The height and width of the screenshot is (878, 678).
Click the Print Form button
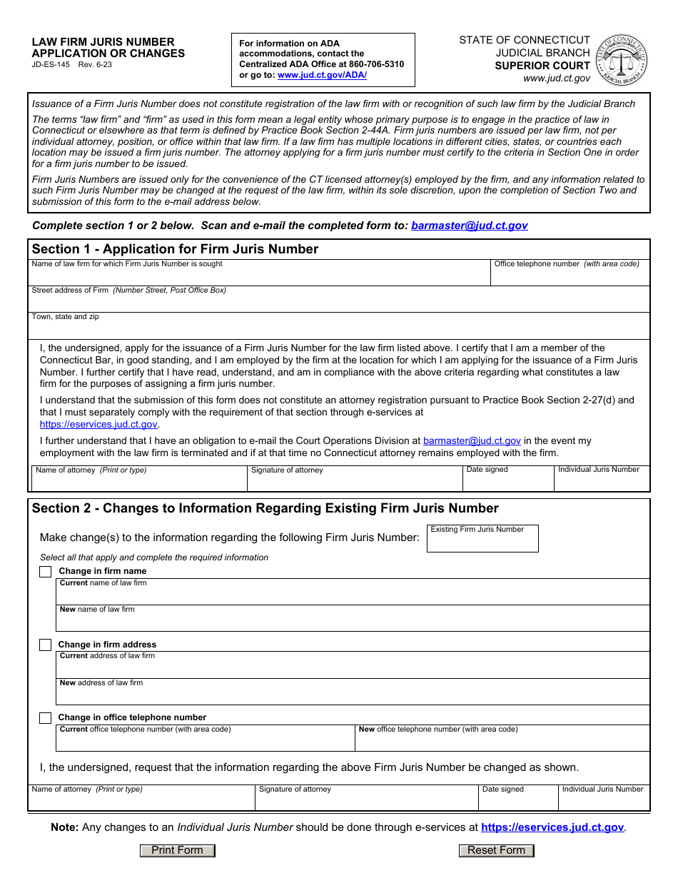pyautogui.click(x=177, y=850)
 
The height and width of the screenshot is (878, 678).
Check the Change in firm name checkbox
pyautogui.click(x=46, y=571)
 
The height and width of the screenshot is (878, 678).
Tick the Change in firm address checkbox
pyautogui.click(x=46, y=645)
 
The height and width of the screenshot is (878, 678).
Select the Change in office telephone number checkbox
pyautogui.click(x=46, y=717)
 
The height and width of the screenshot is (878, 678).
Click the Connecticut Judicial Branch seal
pyautogui.click(x=621, y=60)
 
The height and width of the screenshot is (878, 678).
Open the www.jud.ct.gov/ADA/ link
pyautogui.click(x=322, y=75)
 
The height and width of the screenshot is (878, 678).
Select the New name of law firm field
pyautogui.click(x=353, y=621)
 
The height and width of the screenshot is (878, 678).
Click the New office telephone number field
pyautogui.click(x=502, y=742)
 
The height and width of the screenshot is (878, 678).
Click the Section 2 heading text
pyautogui.click(x=265, y=508)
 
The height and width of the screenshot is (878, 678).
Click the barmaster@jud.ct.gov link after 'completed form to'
pyautogui.click(x=469, y=226)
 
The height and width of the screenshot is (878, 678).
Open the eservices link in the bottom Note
pyautogui.click(x=552, y=827)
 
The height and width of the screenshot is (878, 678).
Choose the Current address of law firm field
pyautogui.click(x=353, y=667)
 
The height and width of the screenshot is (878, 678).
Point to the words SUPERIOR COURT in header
pyautogui.click(x=542, y=66)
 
